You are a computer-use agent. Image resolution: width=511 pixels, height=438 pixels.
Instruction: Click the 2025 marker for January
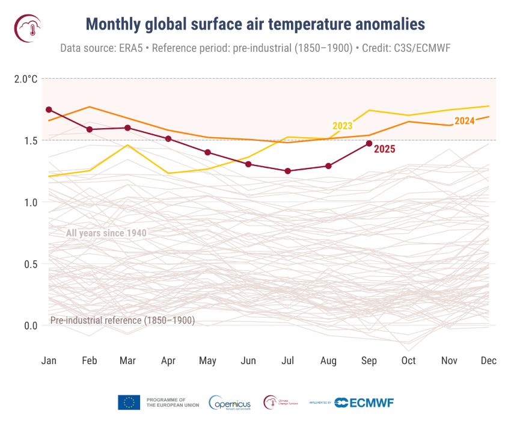point(49,109)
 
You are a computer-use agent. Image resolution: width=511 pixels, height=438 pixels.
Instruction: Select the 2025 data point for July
point(288,171)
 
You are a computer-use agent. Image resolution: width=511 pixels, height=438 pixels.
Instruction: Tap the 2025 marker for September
point(369,143)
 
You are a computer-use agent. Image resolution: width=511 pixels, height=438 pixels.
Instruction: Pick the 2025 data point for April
point(168,138)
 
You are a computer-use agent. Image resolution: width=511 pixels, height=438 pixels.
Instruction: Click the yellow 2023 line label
point(342,126)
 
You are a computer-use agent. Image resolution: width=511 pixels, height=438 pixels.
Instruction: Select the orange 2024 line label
point(464,121)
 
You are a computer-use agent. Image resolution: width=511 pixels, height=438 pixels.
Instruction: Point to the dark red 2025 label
point(385,149)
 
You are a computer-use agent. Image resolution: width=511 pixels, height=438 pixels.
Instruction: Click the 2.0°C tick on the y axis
point(26,79)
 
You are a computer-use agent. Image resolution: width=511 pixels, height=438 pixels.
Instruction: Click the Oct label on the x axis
point(408,360)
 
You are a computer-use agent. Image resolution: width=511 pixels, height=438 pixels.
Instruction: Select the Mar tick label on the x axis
point(127,360)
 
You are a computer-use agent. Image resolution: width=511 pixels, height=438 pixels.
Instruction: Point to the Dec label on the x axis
point(488,360)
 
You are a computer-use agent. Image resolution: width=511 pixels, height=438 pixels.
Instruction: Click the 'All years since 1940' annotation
point(106,233)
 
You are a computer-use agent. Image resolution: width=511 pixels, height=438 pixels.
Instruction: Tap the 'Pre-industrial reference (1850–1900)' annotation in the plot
point(122,321)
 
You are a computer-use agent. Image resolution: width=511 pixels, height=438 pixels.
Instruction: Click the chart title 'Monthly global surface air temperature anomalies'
point(255,24)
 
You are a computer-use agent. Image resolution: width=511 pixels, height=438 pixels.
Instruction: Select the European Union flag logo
point(129,403)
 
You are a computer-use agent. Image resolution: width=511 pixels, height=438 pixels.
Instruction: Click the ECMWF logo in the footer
point(364,403)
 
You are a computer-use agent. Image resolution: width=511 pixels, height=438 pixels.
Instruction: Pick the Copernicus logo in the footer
point(229,403)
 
